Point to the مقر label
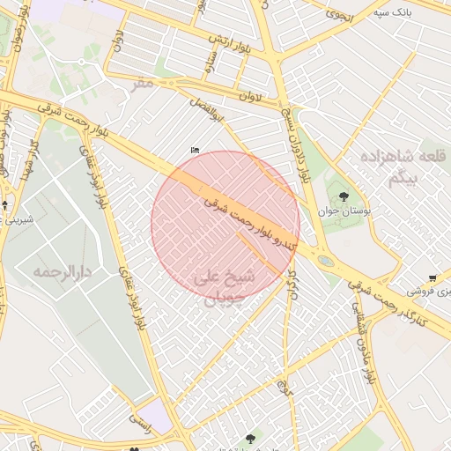point(143,83)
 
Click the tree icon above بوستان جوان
point(344,196)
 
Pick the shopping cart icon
point(432,277)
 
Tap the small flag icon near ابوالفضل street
point(195,151)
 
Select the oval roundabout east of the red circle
point(326,261)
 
